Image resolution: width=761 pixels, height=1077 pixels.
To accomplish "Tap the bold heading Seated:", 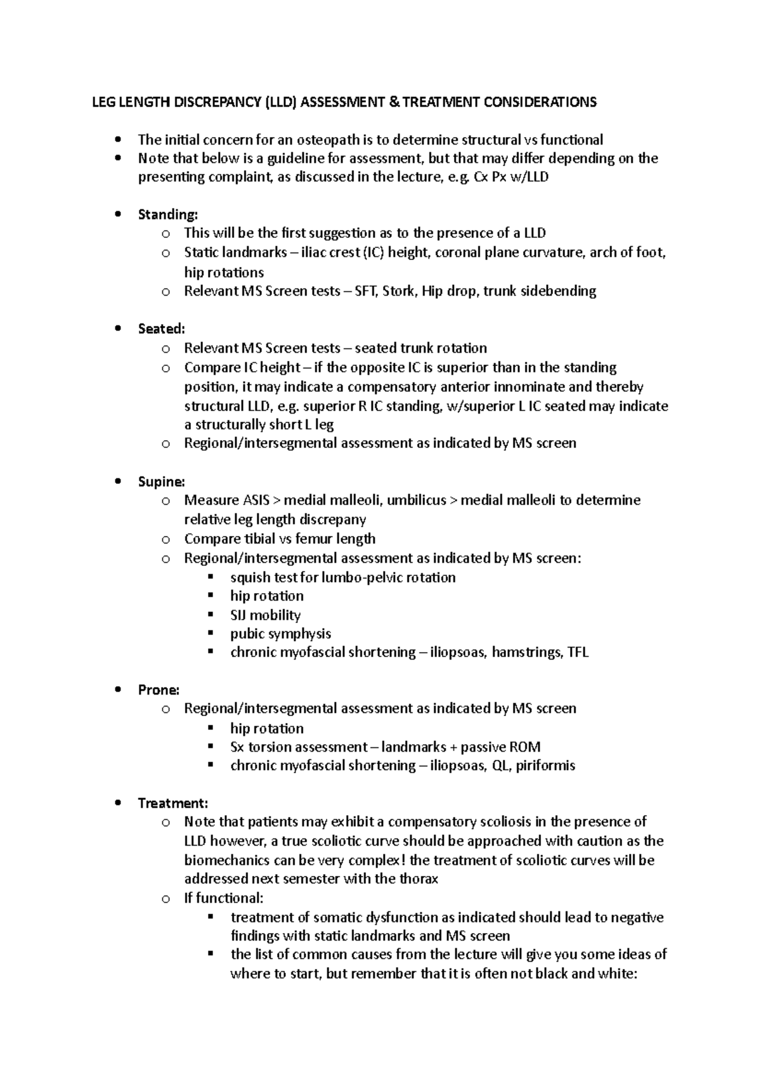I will (x=161, y=329).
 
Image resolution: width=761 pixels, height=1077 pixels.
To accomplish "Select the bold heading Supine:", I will (x=161, y=481).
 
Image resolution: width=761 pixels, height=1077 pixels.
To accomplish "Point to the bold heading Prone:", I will (x=159, y=689).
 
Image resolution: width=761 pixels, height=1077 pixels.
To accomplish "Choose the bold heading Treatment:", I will (x=172, y=803).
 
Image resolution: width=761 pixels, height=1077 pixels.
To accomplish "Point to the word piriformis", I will (x=545, y=766).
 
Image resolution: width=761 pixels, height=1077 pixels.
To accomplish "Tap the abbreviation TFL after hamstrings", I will (x=577, y=652).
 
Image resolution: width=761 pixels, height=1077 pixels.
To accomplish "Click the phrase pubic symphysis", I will (x=280, y=634).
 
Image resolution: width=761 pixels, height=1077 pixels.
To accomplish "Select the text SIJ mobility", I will (x=265, y=615).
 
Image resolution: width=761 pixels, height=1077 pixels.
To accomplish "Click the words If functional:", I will (x=223, y=898).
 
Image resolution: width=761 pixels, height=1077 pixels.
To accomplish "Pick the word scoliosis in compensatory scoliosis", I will (x=498, y=822).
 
